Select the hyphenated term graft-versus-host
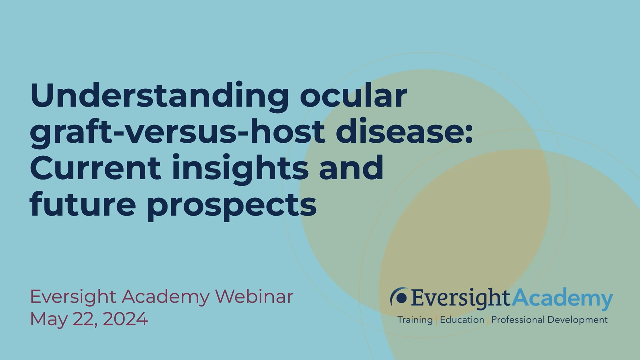pos(177,132)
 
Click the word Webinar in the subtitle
pos(254,296)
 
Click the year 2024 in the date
pos(125,319)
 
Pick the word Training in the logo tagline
pos(415,320)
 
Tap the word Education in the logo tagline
pos(462,320)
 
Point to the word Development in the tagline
pos(578,320)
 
